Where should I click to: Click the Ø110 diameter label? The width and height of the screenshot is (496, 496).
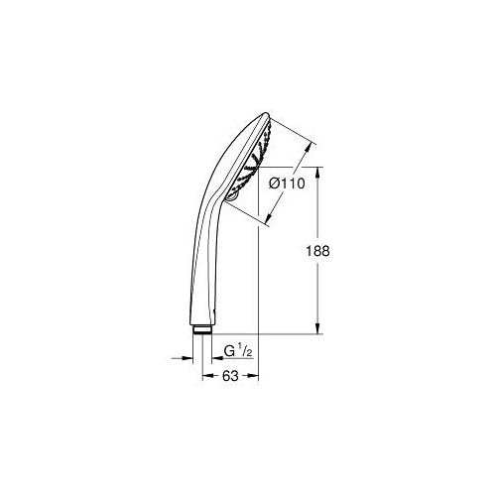(287, 184)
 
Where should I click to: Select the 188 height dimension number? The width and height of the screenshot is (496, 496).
(317, 251)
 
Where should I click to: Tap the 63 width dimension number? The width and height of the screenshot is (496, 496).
(230, 376)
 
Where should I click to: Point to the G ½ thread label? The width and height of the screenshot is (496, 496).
(238, 351)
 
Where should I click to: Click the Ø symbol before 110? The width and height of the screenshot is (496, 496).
(275, 184)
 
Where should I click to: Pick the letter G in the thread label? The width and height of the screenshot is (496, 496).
(229, 351)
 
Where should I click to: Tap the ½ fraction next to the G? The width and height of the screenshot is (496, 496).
(245, 351)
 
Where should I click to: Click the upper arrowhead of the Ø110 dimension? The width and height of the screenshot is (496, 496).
(310, 148)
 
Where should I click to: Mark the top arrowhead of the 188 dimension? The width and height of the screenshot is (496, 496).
(317, 173)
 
